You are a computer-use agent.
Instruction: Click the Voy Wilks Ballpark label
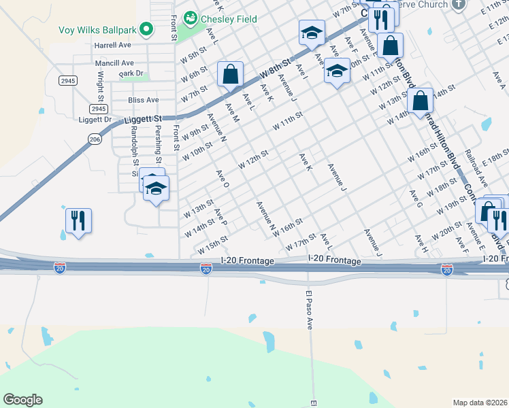point(95,29)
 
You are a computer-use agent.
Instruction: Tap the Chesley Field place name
point(228,19)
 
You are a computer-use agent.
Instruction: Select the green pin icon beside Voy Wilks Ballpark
point(145,29)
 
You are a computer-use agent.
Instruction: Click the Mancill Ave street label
point(114,63)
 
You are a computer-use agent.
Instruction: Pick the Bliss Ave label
point(143,100)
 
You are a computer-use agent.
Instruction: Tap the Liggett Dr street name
point(95,120)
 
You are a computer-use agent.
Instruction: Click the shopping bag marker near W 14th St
point(421,101)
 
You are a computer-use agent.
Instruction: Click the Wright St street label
point(100,88)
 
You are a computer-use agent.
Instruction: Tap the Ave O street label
point(222,179)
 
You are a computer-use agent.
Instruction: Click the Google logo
point(22,400)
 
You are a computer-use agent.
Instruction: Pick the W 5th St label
point(193,57)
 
